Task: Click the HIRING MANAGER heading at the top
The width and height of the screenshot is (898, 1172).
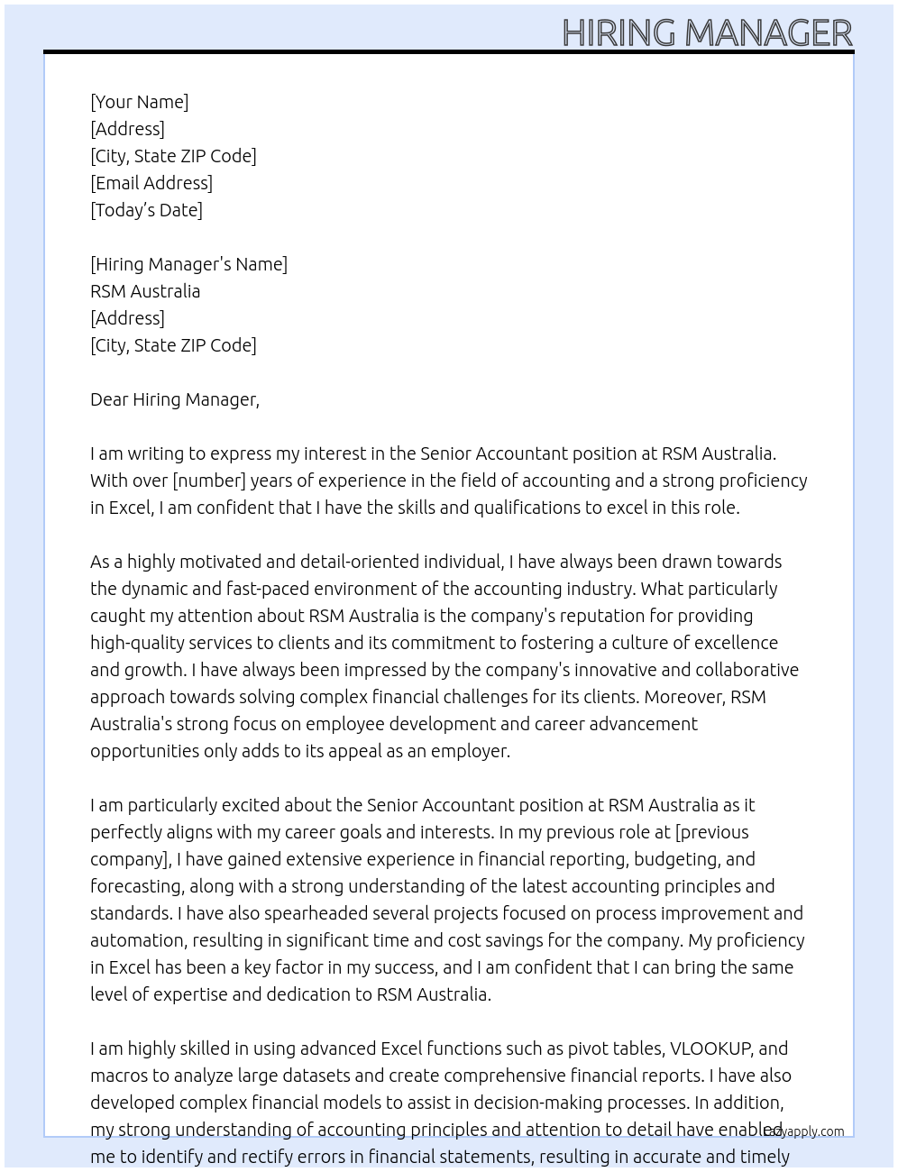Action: pos(707,32)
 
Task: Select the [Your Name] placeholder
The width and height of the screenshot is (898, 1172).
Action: pos(140,102)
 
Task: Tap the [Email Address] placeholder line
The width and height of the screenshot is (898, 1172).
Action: pos(151,183)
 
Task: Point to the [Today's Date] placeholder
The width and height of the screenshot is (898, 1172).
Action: pos(146,210)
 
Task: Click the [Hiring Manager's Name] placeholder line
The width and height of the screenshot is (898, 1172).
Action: pos(188,264)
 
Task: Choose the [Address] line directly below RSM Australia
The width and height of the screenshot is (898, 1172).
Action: pos(127,318)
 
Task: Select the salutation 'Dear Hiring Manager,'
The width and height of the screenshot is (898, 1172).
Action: pos(175,399)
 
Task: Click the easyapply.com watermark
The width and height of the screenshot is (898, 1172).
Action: pos(804,1131)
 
